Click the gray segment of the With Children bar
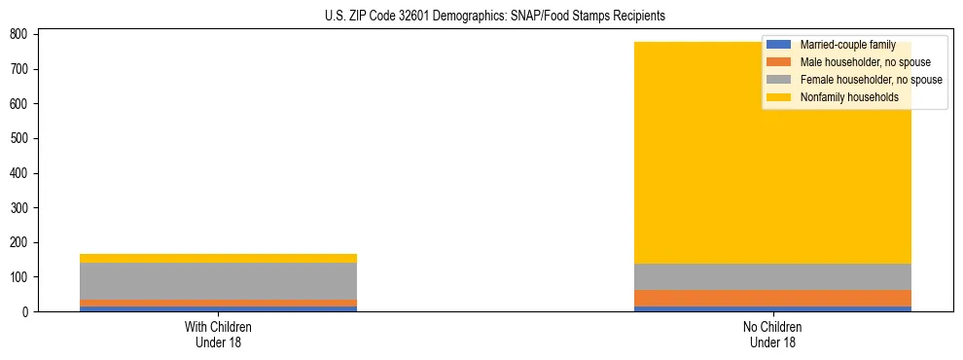tap(218, 281)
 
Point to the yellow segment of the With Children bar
tap(218, 258)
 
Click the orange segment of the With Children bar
tap(218, 303)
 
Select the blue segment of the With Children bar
tap(218, 308)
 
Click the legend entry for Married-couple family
tap(847, 45)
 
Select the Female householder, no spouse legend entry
tap(871, 80)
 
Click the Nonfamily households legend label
tap(849, 97)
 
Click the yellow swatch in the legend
tap(779, 97)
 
